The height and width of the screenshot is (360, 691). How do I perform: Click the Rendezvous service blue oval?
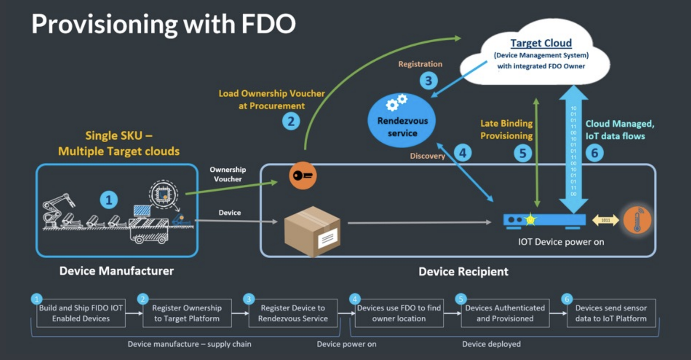(x=402, y=120)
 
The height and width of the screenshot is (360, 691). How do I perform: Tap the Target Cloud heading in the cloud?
(x=541, y=43)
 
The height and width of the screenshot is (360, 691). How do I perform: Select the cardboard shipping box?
(x=312, y=230)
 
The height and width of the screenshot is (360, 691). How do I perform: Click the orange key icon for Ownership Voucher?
(x=303, y=175)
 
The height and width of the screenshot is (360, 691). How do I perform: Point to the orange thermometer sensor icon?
(x=637, y=220)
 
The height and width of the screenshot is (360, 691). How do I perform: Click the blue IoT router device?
(x=544, y=221)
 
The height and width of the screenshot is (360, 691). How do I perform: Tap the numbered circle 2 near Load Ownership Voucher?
(x=291, y=120)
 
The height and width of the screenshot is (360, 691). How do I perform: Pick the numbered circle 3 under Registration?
(x=428, y=81)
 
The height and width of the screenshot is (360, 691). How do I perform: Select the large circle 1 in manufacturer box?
(x=109, y=199)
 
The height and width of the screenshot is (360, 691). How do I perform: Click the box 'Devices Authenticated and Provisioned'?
(x=505, y=313)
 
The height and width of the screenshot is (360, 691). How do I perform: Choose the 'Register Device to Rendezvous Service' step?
(x=293, y=313)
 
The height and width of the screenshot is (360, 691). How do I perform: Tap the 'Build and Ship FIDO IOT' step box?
(x=81, y=313)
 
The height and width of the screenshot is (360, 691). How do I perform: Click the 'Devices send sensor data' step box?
(x=611, y=313)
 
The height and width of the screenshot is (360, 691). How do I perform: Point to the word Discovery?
(x=428, y=156)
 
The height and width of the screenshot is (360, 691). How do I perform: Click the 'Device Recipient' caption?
(x=463, y=271)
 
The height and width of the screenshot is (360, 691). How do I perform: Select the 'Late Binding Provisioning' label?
(x=506, y=130)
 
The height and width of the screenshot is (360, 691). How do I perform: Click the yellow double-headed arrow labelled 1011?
(x=606, y=220)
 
